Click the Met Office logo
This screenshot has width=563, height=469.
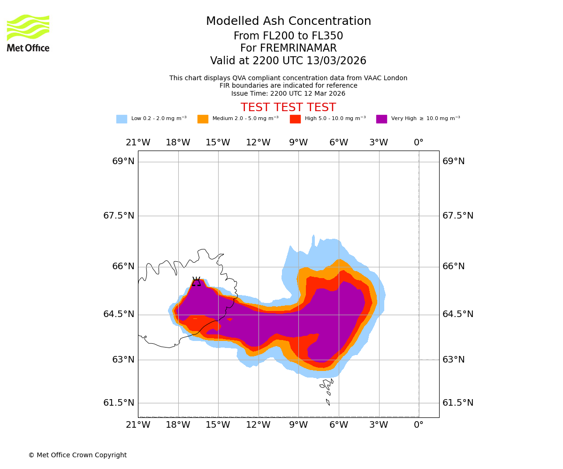(28, 33)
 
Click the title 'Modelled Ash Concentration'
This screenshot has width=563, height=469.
(289, 22)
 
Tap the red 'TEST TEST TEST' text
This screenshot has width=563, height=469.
(288, 107)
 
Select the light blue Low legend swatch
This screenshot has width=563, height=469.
(122, 119)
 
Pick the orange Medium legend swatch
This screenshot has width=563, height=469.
(203, 119)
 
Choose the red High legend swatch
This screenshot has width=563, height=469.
(295, 119)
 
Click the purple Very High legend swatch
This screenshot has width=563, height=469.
(381, 119)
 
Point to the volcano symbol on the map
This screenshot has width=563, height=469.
(196, 281)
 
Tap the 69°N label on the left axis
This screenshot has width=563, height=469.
(123, 161)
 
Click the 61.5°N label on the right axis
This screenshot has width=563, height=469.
(458, 403)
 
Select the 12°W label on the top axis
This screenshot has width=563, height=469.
(258, 143)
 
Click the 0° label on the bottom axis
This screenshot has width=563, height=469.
(418, 425)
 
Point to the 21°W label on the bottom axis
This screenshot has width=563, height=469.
(138, 425)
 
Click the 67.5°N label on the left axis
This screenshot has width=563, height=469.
(119, 216)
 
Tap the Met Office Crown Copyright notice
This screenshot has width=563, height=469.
(77, 455)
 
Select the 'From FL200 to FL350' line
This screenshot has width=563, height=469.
(288, 36)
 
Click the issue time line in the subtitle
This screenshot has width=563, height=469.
(288, 93)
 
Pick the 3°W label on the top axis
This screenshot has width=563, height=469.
(379, 143)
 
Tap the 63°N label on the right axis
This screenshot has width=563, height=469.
(454, 360)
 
